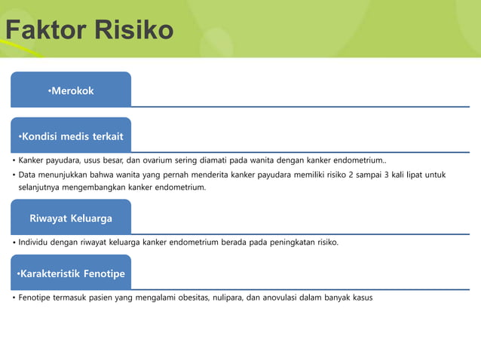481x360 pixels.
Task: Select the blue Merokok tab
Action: tap(71, 90)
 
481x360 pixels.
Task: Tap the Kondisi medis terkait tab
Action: tap(71, 136)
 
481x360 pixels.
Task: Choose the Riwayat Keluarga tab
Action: tap(71, 218)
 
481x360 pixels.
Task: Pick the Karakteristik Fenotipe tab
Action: tap(71, 273)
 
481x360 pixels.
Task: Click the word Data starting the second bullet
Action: tap(29, 175)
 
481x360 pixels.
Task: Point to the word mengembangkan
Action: tap(96, 187)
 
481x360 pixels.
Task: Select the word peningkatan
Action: tap(283, 243)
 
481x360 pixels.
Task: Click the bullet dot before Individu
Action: tap(13, 243)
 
